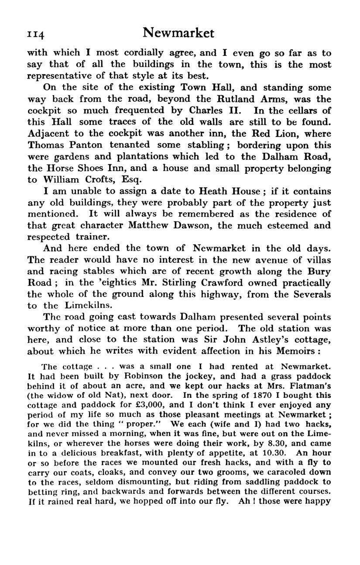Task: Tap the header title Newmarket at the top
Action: click(x=179, y=33)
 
